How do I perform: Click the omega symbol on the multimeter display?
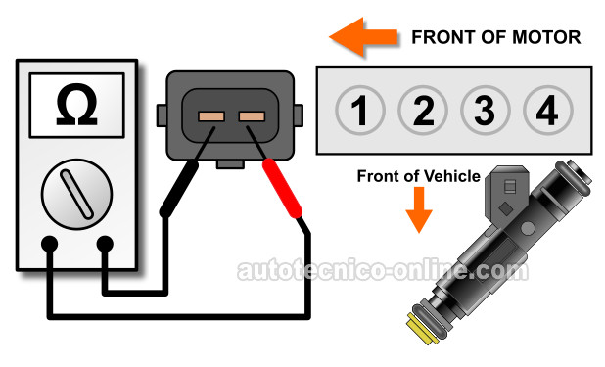(x=76, y=105)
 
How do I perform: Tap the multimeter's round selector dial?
(x=76, y=194)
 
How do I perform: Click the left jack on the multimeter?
(x=49, y=245)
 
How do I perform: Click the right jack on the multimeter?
(x=105, y=245)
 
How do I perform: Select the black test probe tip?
(x=178, y=189)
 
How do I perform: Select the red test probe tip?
(x=282, y=189)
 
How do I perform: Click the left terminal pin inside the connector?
(x=211, y=116)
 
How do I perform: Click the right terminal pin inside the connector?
(x=252, y=116)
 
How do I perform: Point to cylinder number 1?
(x=360, y=111)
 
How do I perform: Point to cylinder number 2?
(x=423, y=111)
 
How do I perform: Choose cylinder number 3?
(x=486, y=111)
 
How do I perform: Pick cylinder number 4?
(x=548, y=111)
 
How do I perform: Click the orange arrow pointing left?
(x=363, y=37)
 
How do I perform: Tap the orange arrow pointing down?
(x=419, y=210)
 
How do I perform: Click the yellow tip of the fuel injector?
(x=423, y=330)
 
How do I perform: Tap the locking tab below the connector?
(x=230, y=164)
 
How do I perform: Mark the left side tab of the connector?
(x=162, y=115)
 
